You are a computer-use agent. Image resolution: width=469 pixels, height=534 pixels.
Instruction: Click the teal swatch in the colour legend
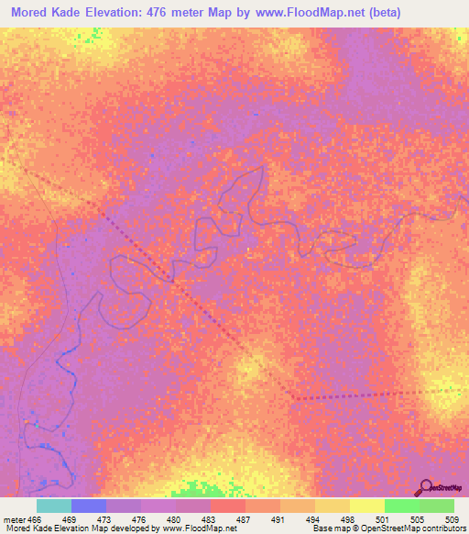click(x=54, y=506)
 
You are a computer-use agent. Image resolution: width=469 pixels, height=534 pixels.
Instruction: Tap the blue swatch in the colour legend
click(x=89, y=506)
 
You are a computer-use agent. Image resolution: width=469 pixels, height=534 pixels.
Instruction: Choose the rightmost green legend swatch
click(x=437, y=506)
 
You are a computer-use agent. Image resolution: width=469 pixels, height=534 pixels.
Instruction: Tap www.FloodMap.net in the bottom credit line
click(x=197, y=528)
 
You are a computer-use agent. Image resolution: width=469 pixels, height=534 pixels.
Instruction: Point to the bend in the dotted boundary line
click(x=291, y=397)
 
